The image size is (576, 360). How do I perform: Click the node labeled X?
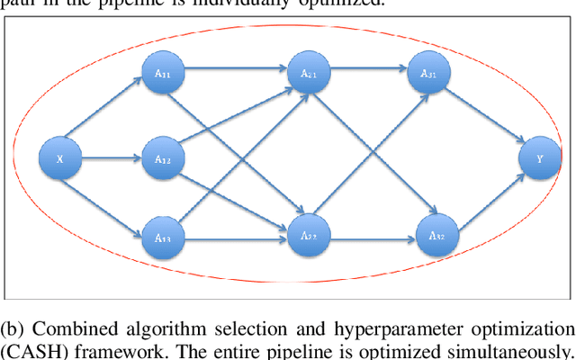[59, 160]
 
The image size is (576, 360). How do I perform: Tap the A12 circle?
[163, 160]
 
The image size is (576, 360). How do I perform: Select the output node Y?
[540, 160]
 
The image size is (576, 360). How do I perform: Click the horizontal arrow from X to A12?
[111, 160]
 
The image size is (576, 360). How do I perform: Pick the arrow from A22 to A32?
[371, 238]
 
